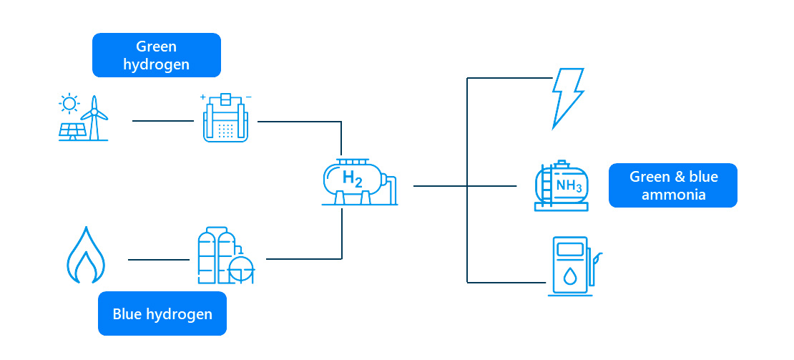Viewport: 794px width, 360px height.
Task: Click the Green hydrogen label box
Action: (x=156, y=55)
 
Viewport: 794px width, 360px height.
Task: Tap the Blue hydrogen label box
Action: (x=162, y=313)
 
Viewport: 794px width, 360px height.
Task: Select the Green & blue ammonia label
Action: (x=672, y=185)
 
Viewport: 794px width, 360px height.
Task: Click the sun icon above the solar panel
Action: (x=69, y=104)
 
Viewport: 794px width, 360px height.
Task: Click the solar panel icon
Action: (x=73, y=131)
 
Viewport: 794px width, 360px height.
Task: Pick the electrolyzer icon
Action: (x=225, y=119)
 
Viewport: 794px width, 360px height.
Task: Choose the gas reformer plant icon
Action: (x=225, y=257)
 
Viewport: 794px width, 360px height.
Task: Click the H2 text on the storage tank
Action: (x=352, y=178)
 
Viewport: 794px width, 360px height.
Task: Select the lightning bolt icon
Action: (x=568, y=97)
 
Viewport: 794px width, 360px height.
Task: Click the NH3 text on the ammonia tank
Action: (x=569, y=187)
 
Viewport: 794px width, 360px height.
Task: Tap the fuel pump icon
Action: (x=570, y=266)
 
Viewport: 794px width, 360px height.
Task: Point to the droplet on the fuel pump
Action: (x=569, y=276)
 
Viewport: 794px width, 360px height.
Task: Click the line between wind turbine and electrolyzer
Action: (x=163, y=121)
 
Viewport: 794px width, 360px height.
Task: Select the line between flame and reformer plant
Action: (x=158, y=260)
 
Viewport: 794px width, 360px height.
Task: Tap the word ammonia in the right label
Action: (x=673, y=195)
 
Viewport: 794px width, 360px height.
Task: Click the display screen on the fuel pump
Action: (x=569, y=250)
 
